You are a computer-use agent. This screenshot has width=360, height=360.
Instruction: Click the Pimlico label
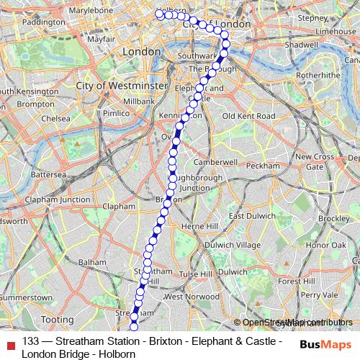coord(115,113)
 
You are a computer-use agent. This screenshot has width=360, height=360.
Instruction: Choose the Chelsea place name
coord(55,118)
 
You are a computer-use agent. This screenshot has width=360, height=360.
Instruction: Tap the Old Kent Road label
coord(248,116)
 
